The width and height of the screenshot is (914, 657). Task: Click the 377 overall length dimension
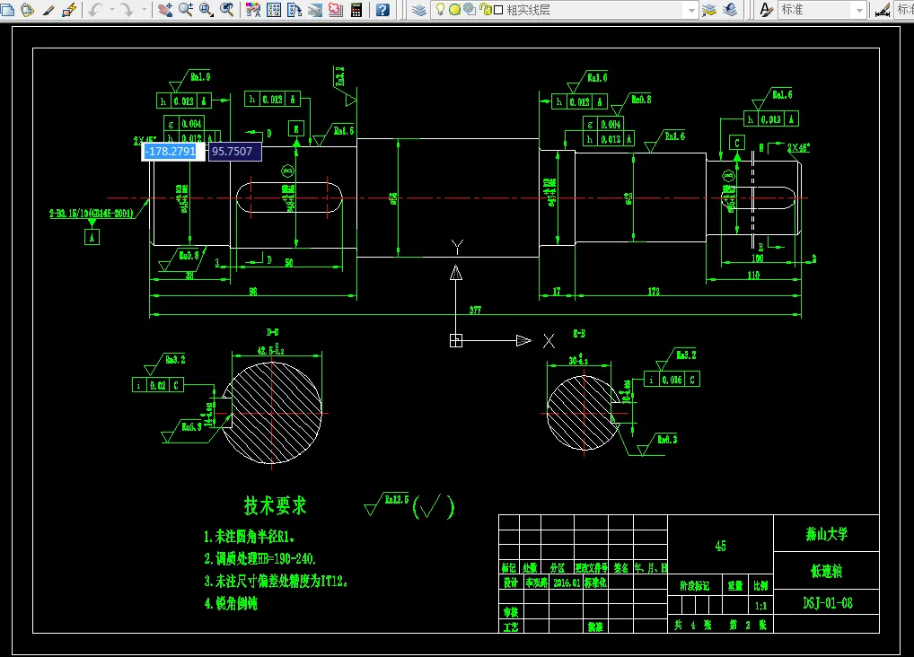tap(474, 311)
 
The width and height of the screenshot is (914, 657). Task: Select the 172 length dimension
tap(653, 292)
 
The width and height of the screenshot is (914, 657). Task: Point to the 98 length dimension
tap(253, 292)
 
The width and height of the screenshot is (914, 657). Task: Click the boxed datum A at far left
tap(92, 237)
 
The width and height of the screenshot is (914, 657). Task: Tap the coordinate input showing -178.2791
tap(170, 152)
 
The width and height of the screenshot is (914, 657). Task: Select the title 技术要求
tap(276, 506)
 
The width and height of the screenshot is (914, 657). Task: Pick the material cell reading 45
tap(720, 546)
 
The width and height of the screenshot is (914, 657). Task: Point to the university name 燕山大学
tap(827, 534)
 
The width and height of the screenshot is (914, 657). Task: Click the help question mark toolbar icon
tap(382, 10)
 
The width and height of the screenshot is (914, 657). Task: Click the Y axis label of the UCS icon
tap(456, 246)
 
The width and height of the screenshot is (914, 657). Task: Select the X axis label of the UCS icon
tap(549, 340)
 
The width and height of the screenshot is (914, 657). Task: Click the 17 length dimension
tap(557, 292)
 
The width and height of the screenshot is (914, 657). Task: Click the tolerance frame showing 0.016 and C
tap(672, 380)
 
